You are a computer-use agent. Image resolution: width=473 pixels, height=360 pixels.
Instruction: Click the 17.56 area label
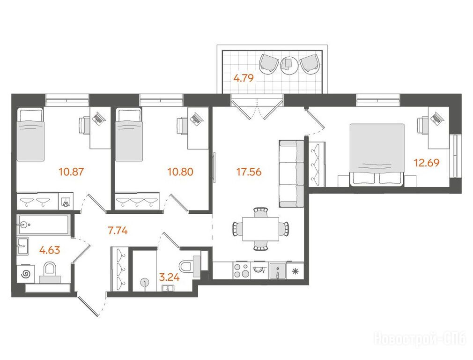(249, 172)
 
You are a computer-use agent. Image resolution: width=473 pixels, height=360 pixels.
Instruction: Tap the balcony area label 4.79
(244, 78)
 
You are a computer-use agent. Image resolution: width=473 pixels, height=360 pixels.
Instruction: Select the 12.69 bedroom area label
(427, 163)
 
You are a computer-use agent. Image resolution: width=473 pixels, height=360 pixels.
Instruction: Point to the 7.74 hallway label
(118, 231)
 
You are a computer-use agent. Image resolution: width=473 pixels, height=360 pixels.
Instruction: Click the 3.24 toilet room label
(169, 277)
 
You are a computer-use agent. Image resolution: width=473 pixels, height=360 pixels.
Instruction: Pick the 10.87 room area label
(71, 172)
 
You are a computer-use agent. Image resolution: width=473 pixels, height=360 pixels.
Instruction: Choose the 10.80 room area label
(180, 172)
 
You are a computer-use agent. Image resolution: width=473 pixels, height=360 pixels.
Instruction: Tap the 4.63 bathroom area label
(50, 250)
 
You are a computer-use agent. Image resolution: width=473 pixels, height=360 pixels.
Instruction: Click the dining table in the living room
(261, 229)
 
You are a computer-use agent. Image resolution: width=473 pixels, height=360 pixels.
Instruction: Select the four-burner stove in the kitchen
(242, 270)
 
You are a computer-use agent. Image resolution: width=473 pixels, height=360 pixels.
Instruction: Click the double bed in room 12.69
(377, 155)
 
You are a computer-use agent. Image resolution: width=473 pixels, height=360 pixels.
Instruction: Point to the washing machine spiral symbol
(26, 274)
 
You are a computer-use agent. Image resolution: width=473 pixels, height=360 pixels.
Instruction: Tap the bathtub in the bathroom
(44, 225)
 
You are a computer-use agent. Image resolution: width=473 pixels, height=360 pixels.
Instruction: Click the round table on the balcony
(288, 64)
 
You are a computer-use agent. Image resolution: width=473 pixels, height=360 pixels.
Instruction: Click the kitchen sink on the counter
(278, 270)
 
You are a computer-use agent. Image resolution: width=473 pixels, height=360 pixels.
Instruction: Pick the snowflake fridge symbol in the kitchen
(295, 271)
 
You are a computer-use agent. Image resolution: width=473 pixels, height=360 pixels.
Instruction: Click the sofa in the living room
(291, 173)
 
